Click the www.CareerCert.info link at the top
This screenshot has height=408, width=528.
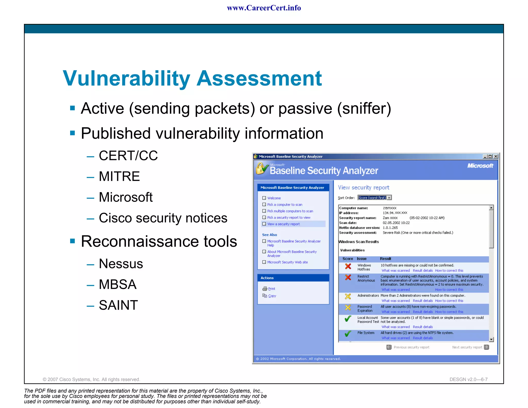(x=264, y=8)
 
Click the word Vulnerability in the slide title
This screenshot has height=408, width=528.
(x=126, y=78)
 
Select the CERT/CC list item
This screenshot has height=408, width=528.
(x=128, y=156)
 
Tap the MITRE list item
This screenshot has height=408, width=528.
(x=119, y=176)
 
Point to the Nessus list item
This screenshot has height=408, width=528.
(x=121, y=264)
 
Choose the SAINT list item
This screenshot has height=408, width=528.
(x=118, y=305)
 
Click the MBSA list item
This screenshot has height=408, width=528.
(x=118, y=284)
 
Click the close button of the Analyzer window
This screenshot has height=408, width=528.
(x=496, y=156)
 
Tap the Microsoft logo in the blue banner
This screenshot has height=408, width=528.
(x=480, y=166)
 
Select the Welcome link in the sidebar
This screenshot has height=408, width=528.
(x=274, y=198)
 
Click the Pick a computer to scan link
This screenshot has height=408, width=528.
(x=285, y=205)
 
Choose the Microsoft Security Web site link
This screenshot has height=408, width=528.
(x=287, y=262)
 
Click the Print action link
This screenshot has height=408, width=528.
(x=271, y=289)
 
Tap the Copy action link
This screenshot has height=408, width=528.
(x=272, y=296)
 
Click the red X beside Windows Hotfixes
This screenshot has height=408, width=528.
(x=348, y=266)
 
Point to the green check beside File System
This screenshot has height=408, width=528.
(x=348, y=334)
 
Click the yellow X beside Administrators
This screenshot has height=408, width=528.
(x=348, y=297)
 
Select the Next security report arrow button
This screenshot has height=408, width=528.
(x=486, y=347)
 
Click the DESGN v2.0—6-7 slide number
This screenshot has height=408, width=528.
(x=468, y=379)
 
